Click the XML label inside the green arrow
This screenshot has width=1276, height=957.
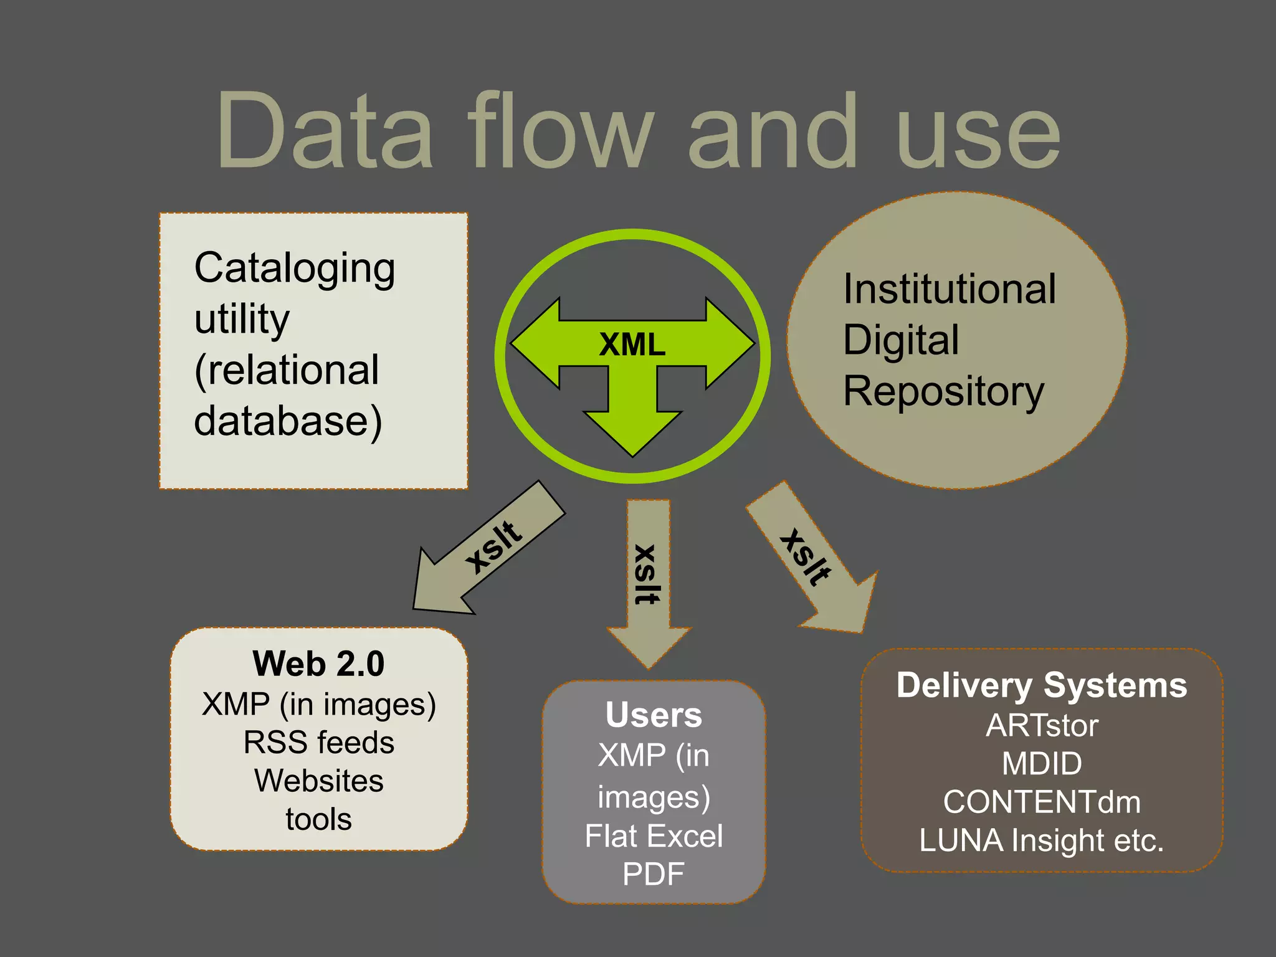click(632, 345)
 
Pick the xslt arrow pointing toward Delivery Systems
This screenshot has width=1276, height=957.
click(810, 558)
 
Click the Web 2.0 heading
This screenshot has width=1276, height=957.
click(318, 664)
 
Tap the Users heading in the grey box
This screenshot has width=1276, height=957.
click(654, 715)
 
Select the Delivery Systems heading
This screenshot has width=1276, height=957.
click(1041, 685)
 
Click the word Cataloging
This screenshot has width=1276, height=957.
click(295, 269)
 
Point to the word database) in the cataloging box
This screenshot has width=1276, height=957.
click(288, 422)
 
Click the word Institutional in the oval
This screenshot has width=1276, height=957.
click(949, 290)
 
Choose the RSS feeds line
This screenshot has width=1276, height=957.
click(318, 743)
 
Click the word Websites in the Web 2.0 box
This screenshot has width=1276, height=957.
click(318, 781)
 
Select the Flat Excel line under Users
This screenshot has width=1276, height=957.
click(654, 836)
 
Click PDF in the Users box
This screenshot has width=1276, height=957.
click(654, 874)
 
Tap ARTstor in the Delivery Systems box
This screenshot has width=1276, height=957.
click(1041, 726)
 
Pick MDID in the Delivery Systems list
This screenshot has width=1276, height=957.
click(1041, 764)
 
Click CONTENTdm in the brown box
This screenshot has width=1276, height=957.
click(1041, 802)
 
